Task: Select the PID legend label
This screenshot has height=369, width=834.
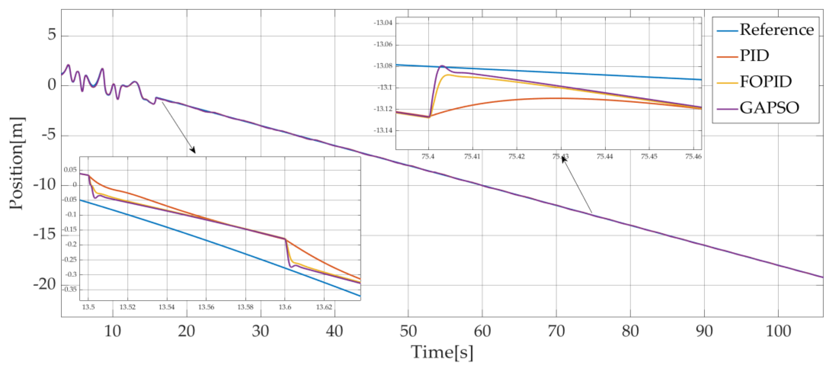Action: (754, 56)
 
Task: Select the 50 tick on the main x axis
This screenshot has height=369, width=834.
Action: (408, 331)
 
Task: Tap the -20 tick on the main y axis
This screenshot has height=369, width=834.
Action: (44, 285)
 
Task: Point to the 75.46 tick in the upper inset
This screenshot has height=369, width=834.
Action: (693, 156)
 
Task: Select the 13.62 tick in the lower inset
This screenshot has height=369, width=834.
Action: (324, 307)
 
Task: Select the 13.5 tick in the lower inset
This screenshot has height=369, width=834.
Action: (88, 307)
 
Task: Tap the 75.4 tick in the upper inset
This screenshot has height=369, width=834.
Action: (428, 156)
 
